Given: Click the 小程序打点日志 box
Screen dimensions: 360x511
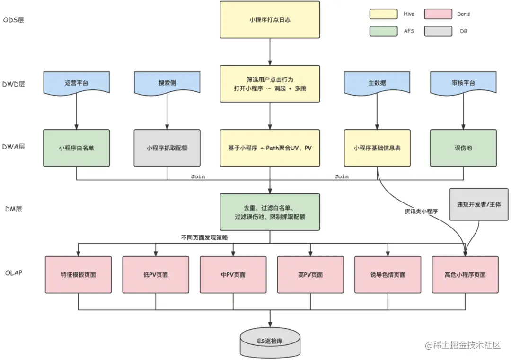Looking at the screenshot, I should pos(270,20).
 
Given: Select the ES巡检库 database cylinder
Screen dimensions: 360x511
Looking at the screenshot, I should pos(270,342).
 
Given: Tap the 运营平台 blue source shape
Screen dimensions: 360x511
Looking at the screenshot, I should pos(76,83).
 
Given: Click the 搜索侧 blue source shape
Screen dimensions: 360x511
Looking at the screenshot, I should pos(167,83).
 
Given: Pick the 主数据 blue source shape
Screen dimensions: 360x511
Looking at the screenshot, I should pos(377,83).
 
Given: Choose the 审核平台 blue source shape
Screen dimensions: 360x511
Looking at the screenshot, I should pos(463,83).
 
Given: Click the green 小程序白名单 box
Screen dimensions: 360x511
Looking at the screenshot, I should pos(76,148).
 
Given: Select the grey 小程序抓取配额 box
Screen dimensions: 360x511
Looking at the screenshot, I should pos(167,148).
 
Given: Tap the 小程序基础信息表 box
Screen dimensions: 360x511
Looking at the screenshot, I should pos(377,148).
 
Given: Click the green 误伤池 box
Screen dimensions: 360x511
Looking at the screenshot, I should pos(463,148).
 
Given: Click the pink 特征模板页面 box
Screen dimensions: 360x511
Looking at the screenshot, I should pos(78,274).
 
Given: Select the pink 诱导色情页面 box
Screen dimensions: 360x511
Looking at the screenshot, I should pos(388,274).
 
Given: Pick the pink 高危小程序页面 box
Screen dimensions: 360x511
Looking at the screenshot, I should pos(465,274).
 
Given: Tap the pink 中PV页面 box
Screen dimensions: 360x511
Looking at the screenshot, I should pos(233,274).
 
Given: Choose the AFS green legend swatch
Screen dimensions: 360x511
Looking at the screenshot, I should pos(383,31).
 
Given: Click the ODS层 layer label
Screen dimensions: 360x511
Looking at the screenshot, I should pos(14,20).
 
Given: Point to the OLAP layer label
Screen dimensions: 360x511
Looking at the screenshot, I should pos(14,273).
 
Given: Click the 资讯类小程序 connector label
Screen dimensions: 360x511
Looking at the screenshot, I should pos(421,211).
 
